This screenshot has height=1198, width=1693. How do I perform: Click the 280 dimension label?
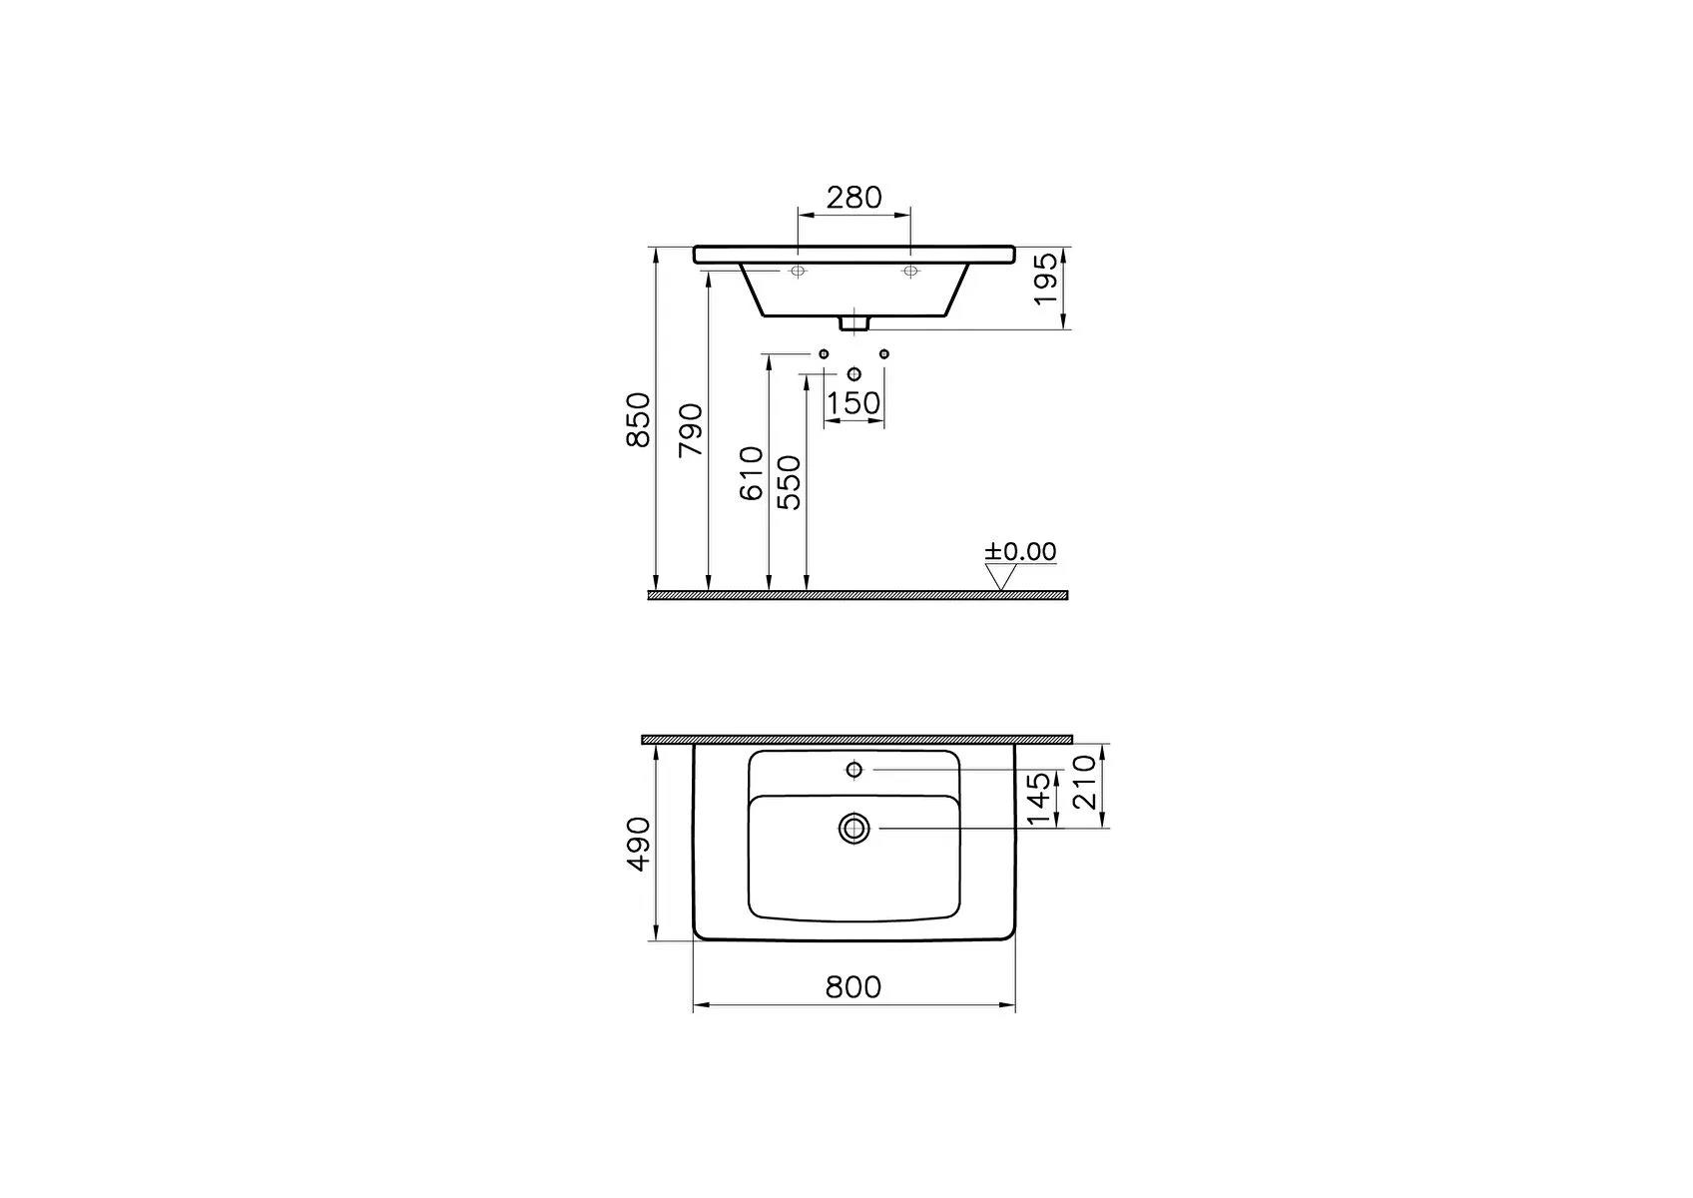click(854, 198)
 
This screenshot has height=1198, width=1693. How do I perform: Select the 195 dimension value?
click(1045, 280)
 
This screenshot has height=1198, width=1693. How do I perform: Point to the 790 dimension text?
click(691, 431)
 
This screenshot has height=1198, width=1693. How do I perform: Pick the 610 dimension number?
click(753, 472)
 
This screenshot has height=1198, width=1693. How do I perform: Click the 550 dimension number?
click(789, 482)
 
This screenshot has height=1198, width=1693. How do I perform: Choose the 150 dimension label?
click(854, 403)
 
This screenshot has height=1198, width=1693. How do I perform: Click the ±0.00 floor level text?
click(1020, 551)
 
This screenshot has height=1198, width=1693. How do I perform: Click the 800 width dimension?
click(853, 986)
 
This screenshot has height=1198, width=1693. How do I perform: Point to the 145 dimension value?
click(1039, 799)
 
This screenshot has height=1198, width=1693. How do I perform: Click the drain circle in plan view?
click(854, 828)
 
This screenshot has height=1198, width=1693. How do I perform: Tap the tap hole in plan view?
click(853, 769)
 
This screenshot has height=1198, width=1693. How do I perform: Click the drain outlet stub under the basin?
click(853, 322)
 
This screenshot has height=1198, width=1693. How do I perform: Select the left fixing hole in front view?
click(798, 272)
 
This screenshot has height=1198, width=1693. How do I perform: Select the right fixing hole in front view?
click(910, 272)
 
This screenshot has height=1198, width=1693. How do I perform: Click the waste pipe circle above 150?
click(853, 374)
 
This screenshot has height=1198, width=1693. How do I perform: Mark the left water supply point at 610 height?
click(824, 354)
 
